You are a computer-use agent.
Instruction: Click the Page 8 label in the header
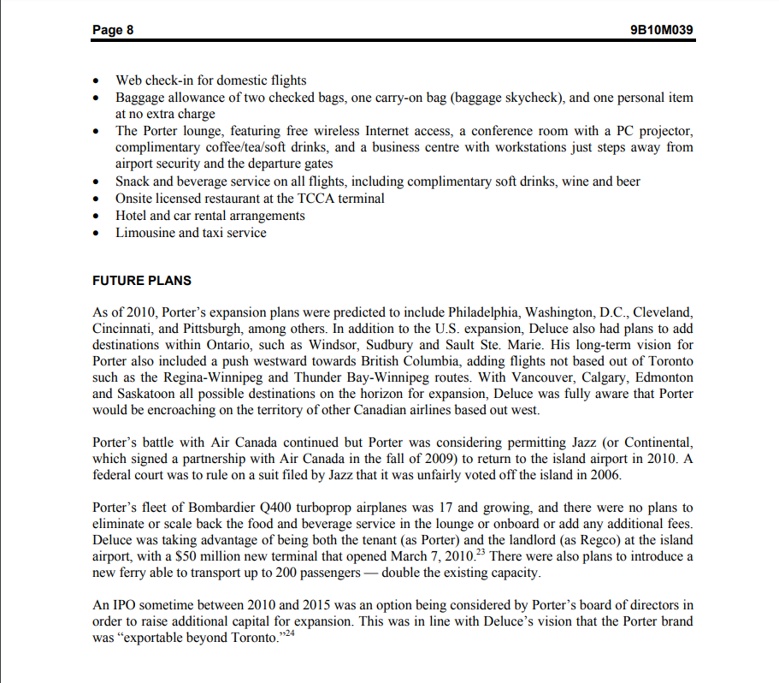pyautogui.click(x=113, y=30)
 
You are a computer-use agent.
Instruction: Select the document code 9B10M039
pyautogui.click(x=660, y=30)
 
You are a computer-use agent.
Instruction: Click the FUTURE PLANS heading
pyautogui.click(x=142, y=281)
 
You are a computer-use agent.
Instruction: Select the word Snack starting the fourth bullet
pyautogui.click(x=133, y=181)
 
